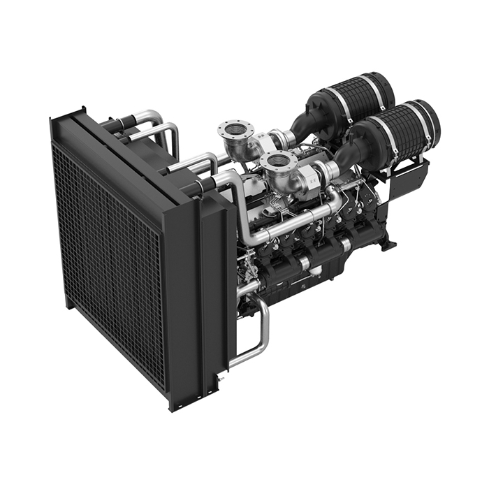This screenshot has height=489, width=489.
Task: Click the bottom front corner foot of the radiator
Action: click(x=174, y=404)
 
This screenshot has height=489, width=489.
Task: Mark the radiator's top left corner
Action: click(x=54, y=123)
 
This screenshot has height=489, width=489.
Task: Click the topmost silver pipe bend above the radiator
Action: click(x=150, y=114)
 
